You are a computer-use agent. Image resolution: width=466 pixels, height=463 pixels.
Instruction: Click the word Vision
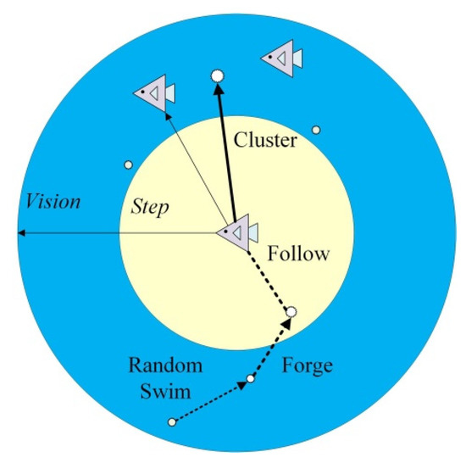tap(53, 202)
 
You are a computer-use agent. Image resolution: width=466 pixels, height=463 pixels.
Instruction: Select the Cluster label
tap(265, 140)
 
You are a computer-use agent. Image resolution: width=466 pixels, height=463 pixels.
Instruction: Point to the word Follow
tap(297, 254)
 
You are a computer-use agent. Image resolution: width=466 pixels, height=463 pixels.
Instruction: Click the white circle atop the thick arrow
tap(217, 76)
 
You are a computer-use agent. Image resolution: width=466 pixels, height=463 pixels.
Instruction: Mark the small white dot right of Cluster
tap(316, 130)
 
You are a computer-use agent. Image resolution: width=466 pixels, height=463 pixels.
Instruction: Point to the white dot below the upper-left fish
tap(129, 165)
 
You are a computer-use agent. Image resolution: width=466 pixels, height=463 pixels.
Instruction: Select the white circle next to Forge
tap(291, 313)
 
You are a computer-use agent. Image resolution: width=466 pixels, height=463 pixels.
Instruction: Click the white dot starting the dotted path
tap(173, 421)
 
